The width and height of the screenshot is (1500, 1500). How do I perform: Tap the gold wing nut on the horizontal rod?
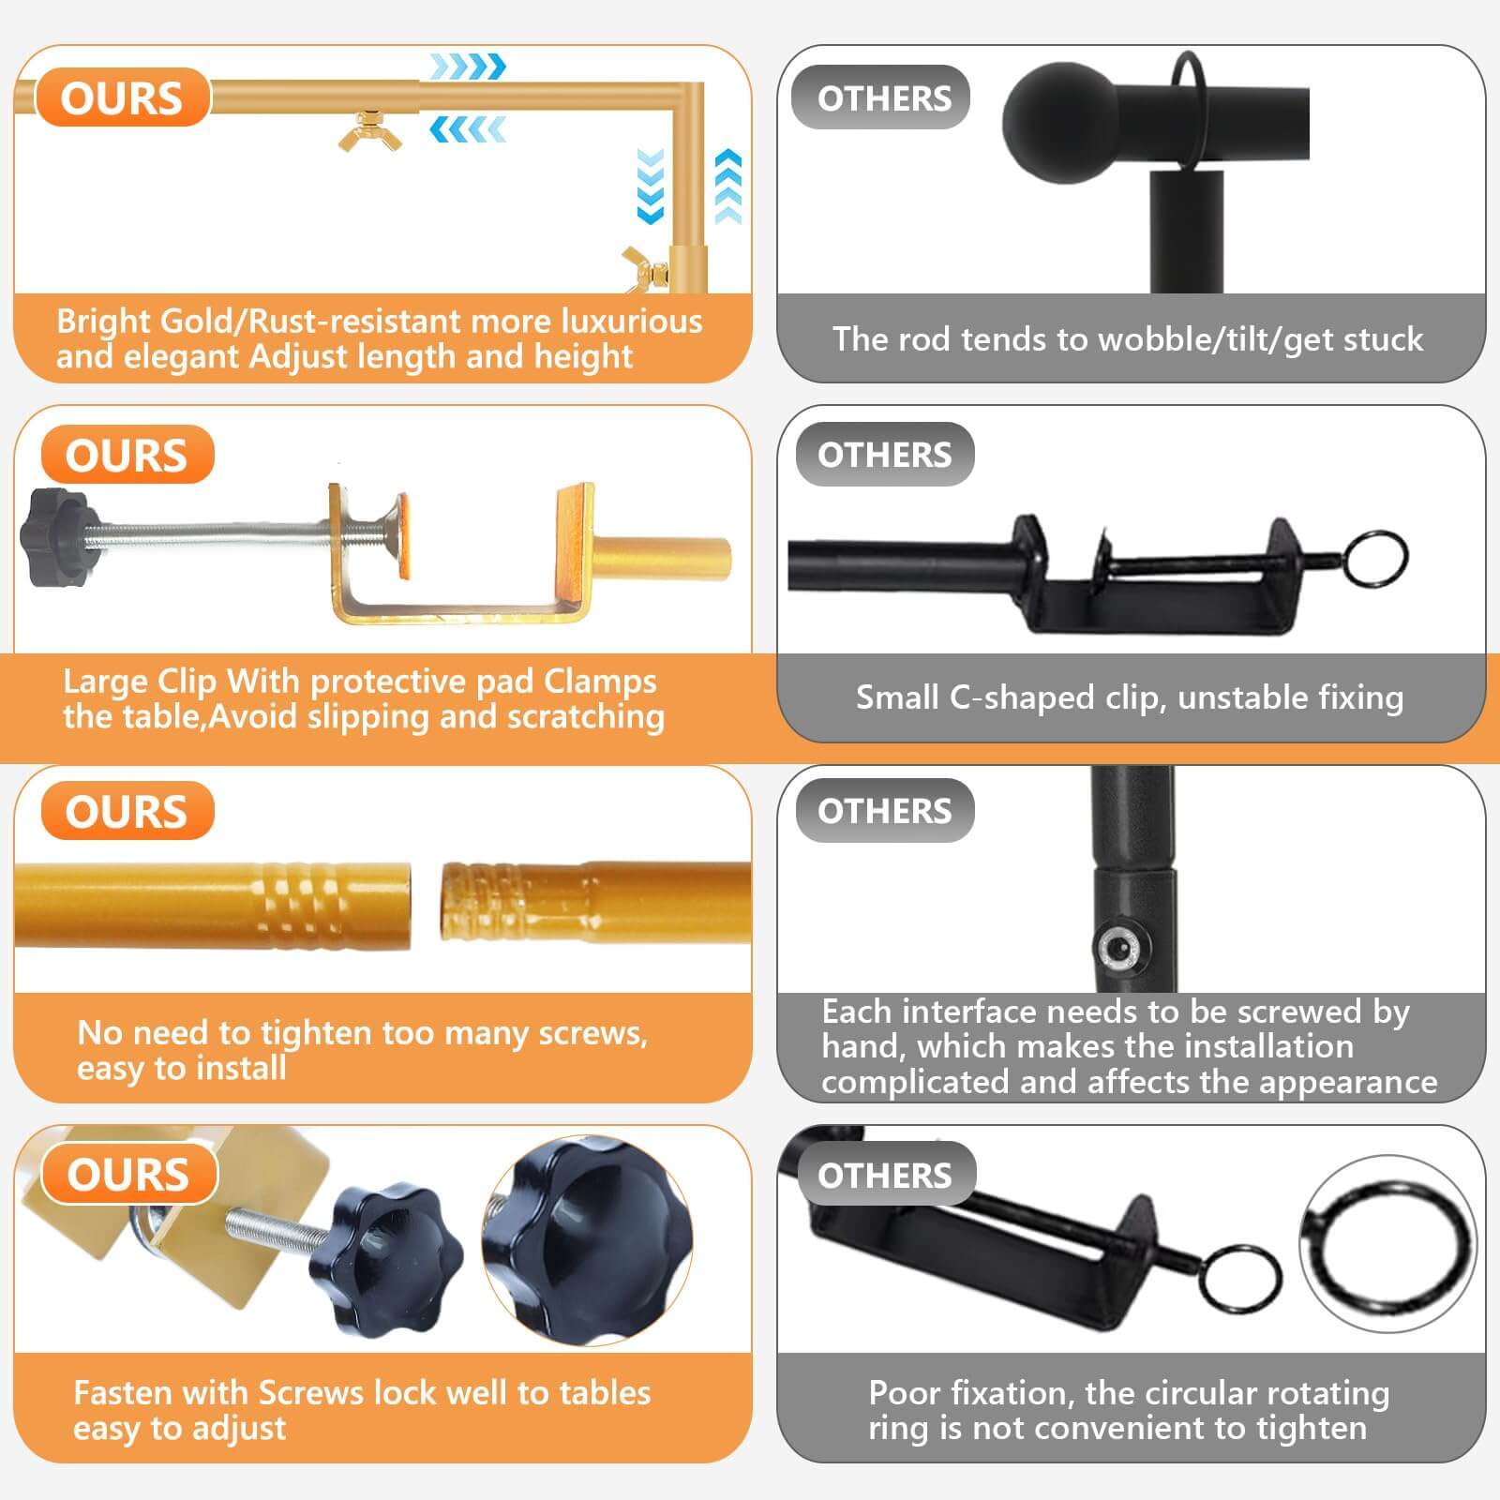click(x=368, y=131)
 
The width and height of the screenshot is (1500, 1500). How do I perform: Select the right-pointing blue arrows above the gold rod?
click(x=468, y=67)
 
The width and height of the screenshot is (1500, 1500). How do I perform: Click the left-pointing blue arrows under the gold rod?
click(x=468, y=129)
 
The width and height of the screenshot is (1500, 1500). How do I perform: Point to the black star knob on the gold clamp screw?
click(x=58, y=536)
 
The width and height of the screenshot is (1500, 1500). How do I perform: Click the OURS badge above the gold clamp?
click(x=127, y=456)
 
